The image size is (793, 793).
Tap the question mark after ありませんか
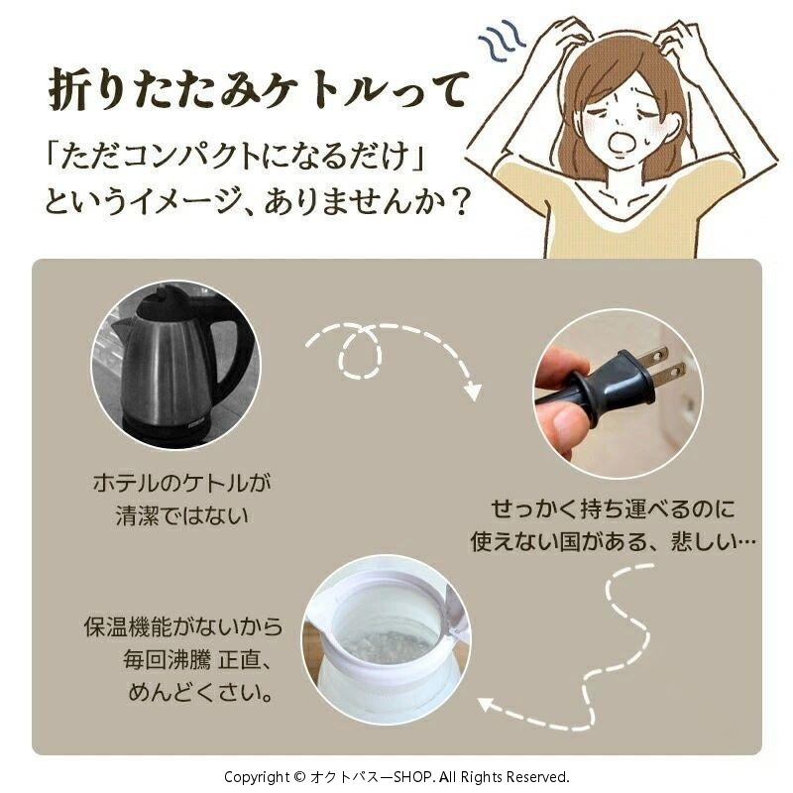tap(459, 201)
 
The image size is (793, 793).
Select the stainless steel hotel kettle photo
tap(175, 365)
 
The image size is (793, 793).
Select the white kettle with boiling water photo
tap(387, 640)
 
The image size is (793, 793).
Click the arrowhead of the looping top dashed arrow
tap(473, 392)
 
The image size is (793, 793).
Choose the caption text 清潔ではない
tap(182, 516)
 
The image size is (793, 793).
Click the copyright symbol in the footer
tap(299, 777)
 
